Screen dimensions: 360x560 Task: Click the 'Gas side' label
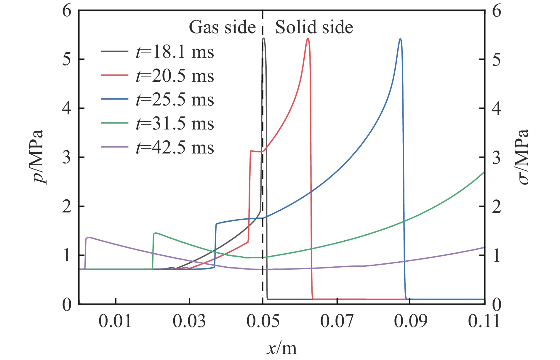click(x=222, y=28)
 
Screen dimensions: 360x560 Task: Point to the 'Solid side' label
click(x=314, y=28)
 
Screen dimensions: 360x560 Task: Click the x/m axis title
click(x=281, y=348)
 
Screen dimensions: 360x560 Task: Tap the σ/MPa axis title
click(x=523, y=157)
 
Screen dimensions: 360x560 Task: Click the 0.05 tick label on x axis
click(x=263, y=321)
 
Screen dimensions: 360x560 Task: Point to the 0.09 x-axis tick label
click(x=410, y=321)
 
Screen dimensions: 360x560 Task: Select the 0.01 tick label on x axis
click(x=115, y=321)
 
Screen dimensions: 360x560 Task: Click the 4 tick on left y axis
click(x=67, y=108)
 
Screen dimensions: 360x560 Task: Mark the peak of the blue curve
click(x=400, y=39)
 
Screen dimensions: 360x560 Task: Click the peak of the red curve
click(x=308, y=39)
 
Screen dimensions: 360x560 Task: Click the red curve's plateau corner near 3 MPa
click(x=251, y=151)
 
